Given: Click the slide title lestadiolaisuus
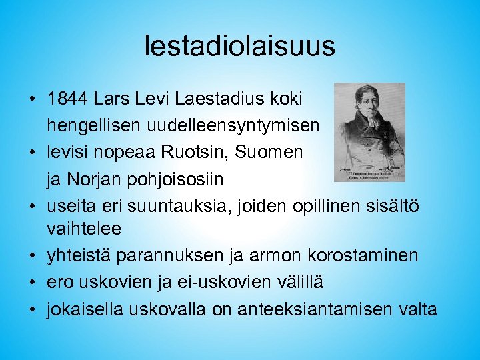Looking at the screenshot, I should (239, 46).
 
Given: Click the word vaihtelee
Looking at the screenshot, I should (84, 229).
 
